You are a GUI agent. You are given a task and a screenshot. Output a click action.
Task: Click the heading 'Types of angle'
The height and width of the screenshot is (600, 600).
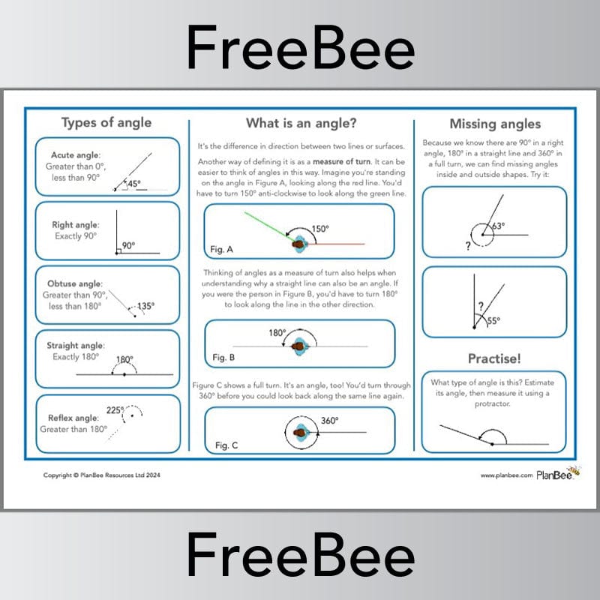point(106,123)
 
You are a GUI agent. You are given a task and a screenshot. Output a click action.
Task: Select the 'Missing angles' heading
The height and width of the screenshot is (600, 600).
point(494,124)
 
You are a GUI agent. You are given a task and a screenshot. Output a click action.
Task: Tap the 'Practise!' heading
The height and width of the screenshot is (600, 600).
point(494,358)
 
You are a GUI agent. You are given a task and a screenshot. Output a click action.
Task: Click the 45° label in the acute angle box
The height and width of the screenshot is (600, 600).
point(134,184)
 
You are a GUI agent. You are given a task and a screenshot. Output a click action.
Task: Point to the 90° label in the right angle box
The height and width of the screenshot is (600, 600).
point(128,245)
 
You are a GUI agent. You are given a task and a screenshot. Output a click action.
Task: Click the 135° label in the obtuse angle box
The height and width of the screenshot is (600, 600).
point(146,306)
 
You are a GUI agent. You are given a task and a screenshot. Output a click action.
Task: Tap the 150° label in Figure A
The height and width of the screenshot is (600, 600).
point(320,229)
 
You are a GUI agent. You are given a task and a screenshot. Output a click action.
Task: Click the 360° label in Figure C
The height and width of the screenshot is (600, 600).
point(330,421)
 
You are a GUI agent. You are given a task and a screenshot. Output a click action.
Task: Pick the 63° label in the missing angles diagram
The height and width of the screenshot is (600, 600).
point(498,225)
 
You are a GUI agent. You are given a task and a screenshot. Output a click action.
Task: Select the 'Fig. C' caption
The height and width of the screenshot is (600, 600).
point(226,445)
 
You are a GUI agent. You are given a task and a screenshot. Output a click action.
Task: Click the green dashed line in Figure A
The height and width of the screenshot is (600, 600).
point(266,225)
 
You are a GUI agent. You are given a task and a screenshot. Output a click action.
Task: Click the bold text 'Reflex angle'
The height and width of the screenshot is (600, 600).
point(73,418)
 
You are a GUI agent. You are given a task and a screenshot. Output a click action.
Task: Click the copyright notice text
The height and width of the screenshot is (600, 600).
point(102,475)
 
